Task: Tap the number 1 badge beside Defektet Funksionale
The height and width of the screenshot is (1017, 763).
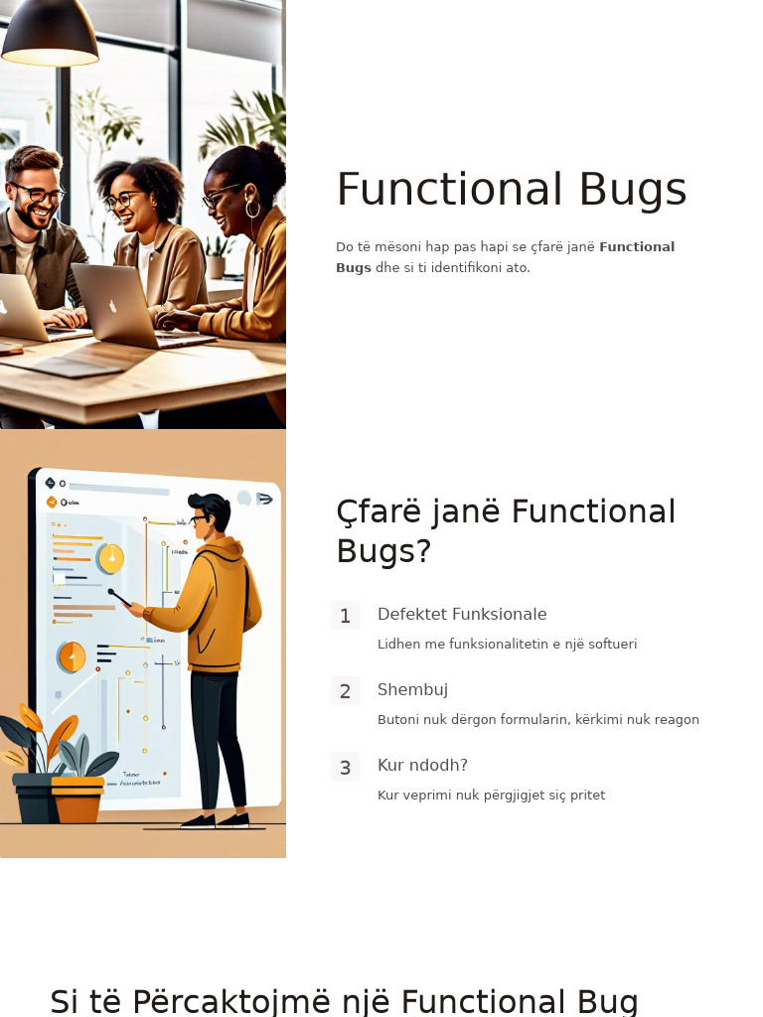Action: (x=345, y=616)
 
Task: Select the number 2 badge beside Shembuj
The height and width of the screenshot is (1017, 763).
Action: (x=345, y=691)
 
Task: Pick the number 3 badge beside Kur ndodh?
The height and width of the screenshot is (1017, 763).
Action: (x=345, y=768)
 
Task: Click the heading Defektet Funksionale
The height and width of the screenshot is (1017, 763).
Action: (x=462, y=615)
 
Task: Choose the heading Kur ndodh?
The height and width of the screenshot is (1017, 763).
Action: (x=422, y=766)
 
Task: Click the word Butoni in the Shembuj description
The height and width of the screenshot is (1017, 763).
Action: (x=397, y=720)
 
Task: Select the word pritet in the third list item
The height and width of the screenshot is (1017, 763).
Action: (x=586, y=796)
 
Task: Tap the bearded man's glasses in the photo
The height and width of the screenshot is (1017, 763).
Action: (x=38, y=192)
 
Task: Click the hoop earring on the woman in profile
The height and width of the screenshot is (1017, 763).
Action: (x=252, y=209)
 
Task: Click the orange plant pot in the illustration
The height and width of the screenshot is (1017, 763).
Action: (x=77, y=799)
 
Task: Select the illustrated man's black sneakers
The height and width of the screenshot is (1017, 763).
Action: (x=216, y=821)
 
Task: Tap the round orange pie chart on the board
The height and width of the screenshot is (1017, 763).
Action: (x=73, y=656)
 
